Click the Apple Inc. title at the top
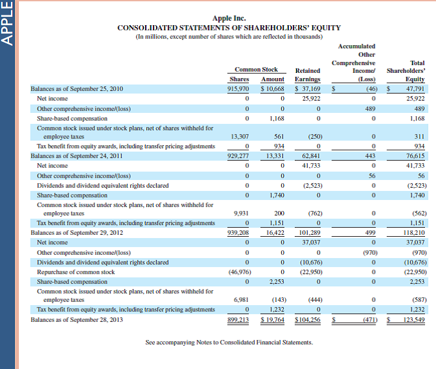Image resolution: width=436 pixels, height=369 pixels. [x=229, y=18]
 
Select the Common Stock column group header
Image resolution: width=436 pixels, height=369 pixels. [x=256, y=69]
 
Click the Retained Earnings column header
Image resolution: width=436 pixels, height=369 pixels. [x=308, y=74]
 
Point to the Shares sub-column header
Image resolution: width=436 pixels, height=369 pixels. [x=239, y=79]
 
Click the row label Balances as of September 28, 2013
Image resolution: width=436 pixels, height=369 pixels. [x=77, y=319]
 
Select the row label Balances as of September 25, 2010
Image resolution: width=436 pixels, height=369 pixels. [x=77, y=88]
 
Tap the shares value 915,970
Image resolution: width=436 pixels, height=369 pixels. [x=239, y=88]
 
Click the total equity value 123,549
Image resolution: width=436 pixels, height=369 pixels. [x=412, y=319]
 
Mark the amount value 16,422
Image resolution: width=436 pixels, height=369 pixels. [x=275, y=232]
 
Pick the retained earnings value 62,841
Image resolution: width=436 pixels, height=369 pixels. [x=312, y=155]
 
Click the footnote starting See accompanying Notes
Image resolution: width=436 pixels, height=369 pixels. [x=229, y=342]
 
